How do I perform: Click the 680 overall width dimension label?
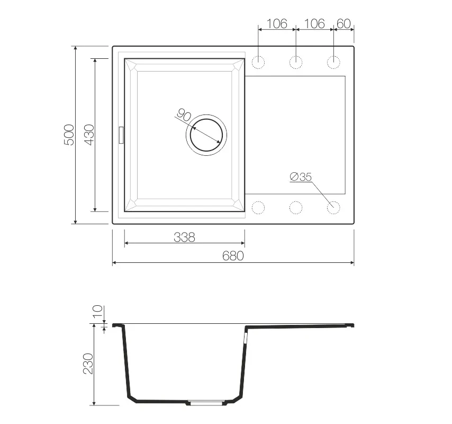233,256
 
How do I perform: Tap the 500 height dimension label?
69,135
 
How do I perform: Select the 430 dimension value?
89,135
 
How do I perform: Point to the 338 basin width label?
185,237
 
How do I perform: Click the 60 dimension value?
343,24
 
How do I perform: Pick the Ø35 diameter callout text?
301,176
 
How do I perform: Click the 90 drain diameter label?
184,115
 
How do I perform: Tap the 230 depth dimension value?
88,364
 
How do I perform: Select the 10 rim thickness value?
98,311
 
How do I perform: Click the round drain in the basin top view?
206,135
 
